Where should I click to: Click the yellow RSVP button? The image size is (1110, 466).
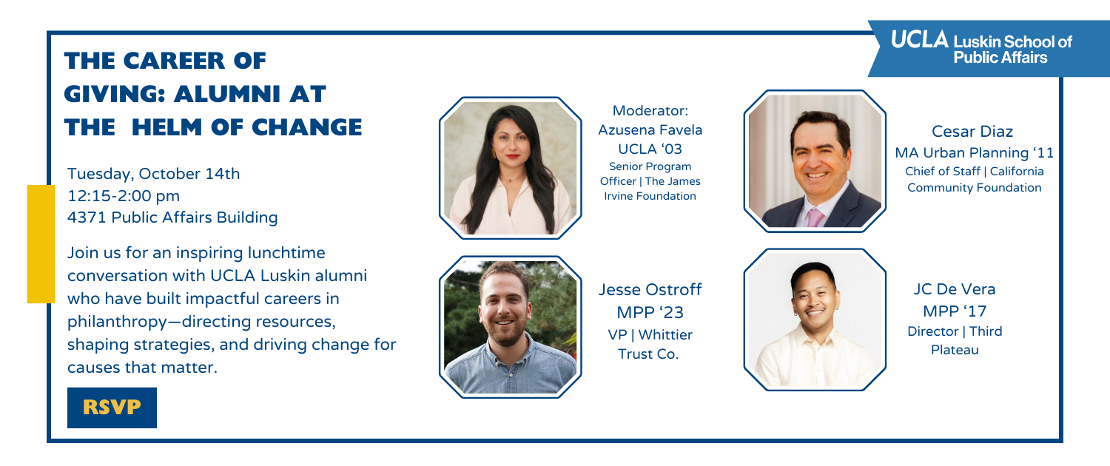tap(112, 408)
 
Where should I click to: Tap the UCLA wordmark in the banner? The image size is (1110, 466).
tap(919, 40)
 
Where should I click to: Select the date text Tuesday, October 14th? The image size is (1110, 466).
tap(154, 174)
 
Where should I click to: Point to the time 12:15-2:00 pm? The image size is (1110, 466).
tap(124, 196)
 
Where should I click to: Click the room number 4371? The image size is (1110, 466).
tap(87, 217)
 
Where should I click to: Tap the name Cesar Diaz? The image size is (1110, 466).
tap(972, 131)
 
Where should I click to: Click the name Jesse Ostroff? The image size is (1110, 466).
tap(650, 290)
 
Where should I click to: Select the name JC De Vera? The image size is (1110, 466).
tap(955, 289)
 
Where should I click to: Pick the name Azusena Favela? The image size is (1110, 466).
tap(650, 130)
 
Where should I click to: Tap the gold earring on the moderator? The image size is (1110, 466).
tap(494, 153)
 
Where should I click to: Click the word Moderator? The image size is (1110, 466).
tap(650, 110)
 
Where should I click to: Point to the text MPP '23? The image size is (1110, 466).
tap(650, 312)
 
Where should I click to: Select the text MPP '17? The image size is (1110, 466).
tap(955, 311)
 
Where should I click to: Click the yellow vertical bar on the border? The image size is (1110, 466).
tap(41, 243)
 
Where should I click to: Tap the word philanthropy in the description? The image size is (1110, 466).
tap(118, 323)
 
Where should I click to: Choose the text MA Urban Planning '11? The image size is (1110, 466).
tap(975, 153)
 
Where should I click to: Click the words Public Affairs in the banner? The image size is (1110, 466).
tap(1000, 58)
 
